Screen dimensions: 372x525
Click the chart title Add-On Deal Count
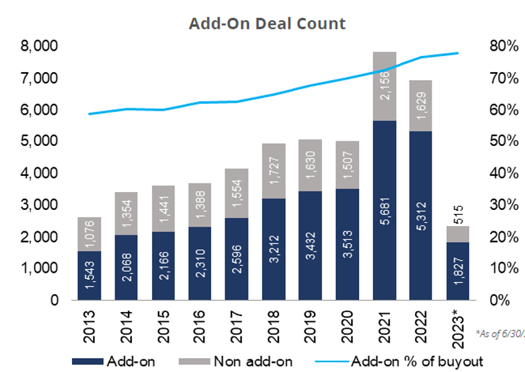(x=267, y=23)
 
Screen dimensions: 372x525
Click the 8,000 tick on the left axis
(x=39, y=46)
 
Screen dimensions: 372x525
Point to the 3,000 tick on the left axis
(x=39, y=205)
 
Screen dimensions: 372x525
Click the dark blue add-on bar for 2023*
(x=458, y=271)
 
